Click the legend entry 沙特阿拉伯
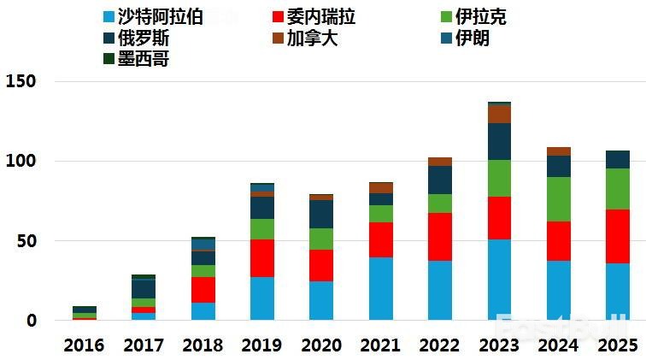(152, 17)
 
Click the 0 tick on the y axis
(31, 321)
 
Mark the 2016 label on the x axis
(84, 345)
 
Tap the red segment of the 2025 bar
(617, 236)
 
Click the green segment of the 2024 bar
(559, 199)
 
